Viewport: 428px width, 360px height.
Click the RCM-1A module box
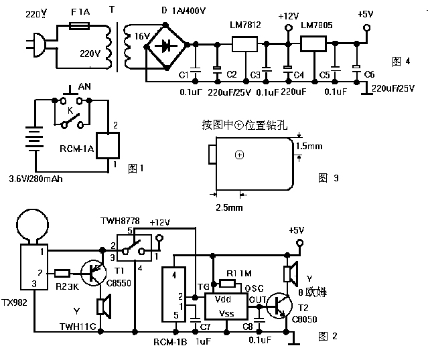coord(107,145)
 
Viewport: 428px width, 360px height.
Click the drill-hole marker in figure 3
coord(240,155)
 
